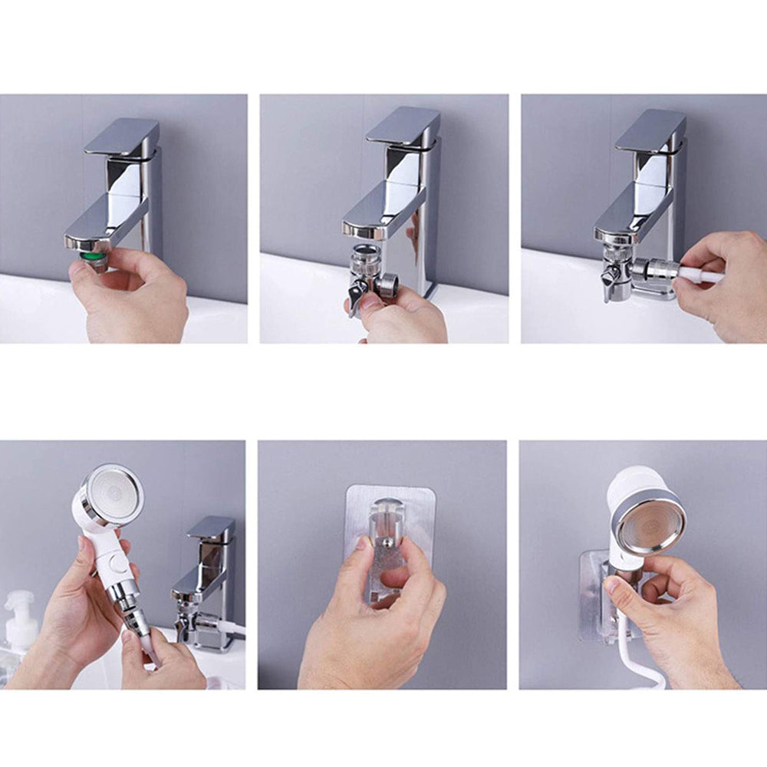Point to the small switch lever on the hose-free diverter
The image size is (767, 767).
pos(355,296)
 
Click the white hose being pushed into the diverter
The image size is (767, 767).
pos(702,275)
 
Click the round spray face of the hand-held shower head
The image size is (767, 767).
pos(113,495)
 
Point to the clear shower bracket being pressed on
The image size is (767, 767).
pos(390,537)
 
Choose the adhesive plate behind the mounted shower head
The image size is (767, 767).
pos(592,606)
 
